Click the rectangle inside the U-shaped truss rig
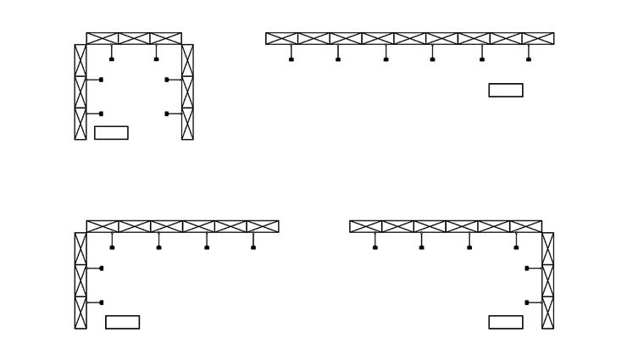click(111, 133)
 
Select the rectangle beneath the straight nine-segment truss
click(506, 90)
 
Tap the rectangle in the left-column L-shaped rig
click(122, 322)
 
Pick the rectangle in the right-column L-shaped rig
click(506, 322)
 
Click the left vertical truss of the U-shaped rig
click(80, 91)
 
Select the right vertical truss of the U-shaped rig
click(187, 91)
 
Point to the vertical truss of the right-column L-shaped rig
click(547, 280)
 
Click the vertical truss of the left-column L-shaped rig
click(80, 280)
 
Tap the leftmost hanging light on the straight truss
click(291, 59)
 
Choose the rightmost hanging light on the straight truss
click(529, 59)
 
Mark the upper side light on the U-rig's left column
click(102, 80)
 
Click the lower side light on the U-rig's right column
click(167, 114)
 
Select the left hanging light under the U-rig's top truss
click(112, 59)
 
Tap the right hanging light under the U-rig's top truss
click(156, 59)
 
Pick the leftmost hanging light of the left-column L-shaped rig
click(112, 247)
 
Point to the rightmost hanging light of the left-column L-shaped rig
click(253, 247)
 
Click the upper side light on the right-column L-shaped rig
click(527, 269)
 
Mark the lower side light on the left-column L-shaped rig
click(102, 302)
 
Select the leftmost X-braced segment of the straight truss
click(282, 38)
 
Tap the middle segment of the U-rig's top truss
click(134, 38)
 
